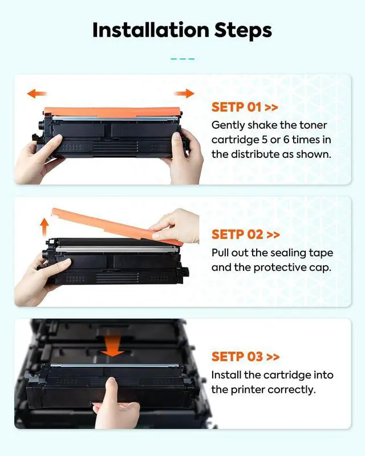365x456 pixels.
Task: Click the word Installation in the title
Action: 151,30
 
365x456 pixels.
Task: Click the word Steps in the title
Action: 243,31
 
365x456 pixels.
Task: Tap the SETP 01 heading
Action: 245,107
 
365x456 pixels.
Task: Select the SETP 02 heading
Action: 246,234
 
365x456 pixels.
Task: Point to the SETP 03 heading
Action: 246,357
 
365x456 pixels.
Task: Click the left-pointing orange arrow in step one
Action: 37,93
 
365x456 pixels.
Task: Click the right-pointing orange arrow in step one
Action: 184,93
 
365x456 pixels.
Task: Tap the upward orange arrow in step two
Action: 44,227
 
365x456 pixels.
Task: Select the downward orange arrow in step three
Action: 112,346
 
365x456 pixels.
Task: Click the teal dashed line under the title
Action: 182,59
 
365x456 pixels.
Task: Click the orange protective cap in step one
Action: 112,112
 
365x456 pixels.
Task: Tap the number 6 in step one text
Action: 286,140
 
